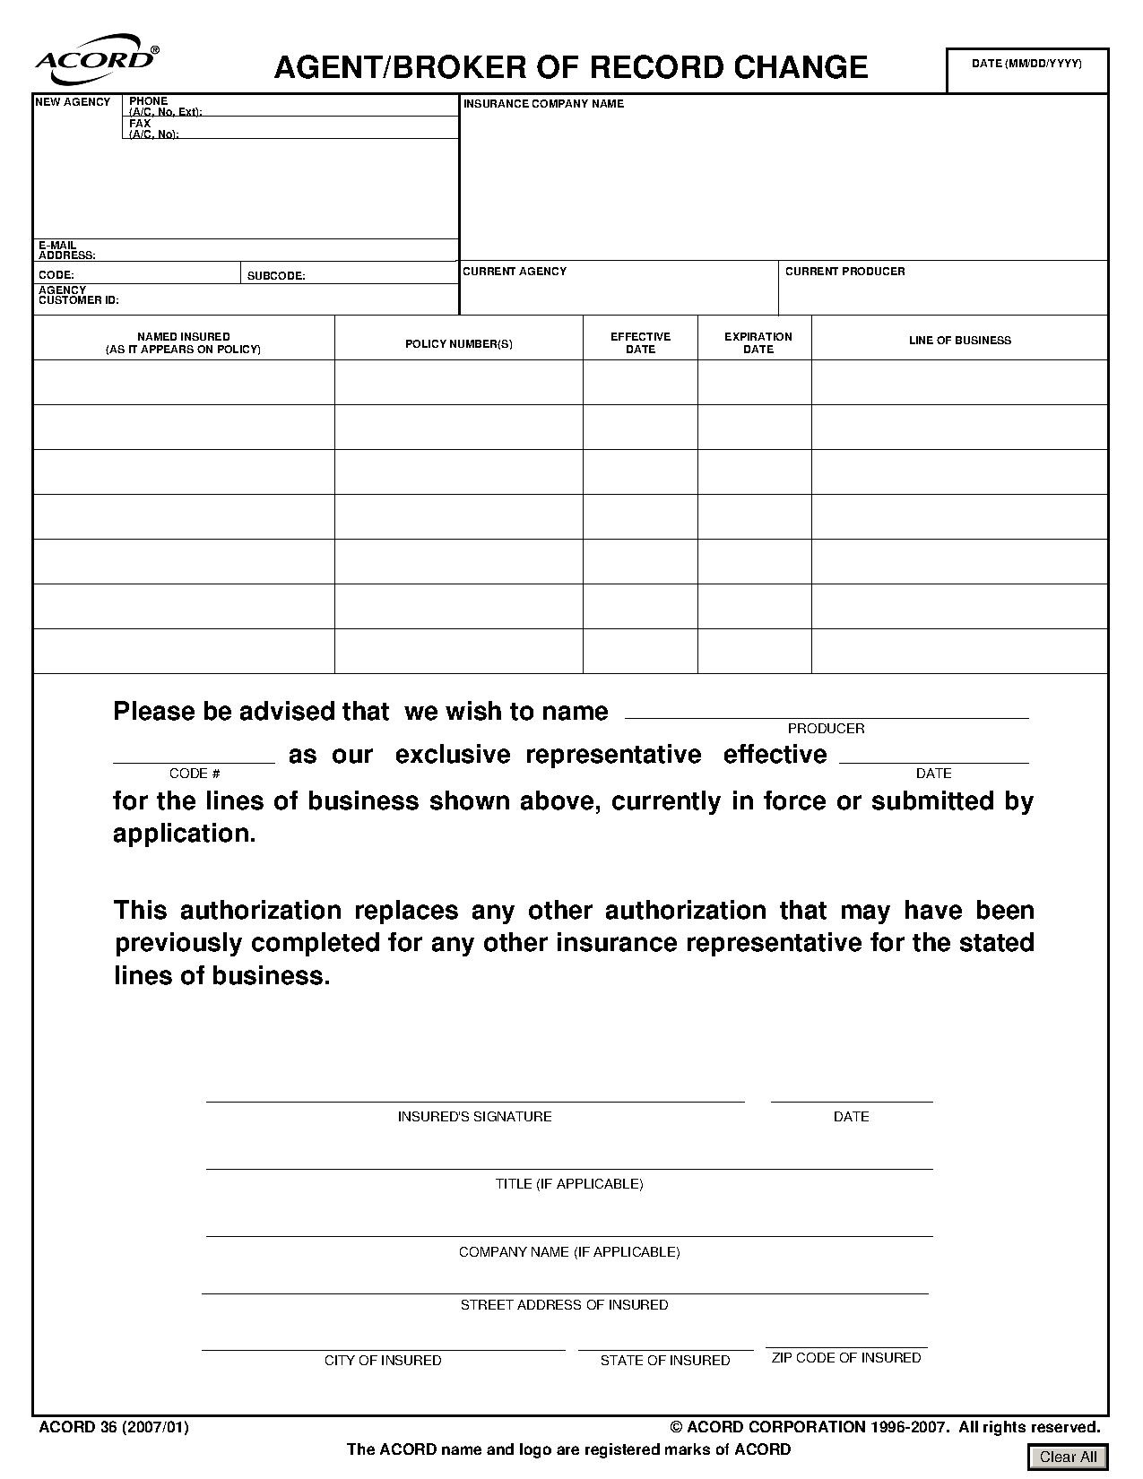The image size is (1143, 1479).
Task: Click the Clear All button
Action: pos(1068,1457)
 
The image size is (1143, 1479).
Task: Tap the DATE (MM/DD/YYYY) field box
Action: pos(1027,71)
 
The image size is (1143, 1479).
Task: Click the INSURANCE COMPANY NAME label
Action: pos(543,104)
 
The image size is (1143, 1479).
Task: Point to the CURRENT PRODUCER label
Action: pos(844,272)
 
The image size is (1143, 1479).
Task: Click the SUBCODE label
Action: pos(276,276)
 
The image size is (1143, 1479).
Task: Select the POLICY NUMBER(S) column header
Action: pos(458,344)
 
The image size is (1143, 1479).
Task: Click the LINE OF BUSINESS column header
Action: pos(959,341)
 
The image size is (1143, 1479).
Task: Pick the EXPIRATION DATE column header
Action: pos(758,343)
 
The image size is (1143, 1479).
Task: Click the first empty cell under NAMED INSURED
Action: pos(184,383)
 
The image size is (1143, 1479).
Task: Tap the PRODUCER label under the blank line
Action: pos(826,729)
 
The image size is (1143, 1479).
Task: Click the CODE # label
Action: pos(195,774)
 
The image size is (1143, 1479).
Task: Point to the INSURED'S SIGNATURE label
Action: pos(474,1117)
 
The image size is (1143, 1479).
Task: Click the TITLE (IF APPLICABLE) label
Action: pos(569,1184)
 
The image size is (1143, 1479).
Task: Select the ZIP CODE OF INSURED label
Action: pos(845,1358)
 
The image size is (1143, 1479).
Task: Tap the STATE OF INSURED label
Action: pos(664,1361)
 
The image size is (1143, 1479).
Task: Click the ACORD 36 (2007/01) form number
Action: pos(114,1427)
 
